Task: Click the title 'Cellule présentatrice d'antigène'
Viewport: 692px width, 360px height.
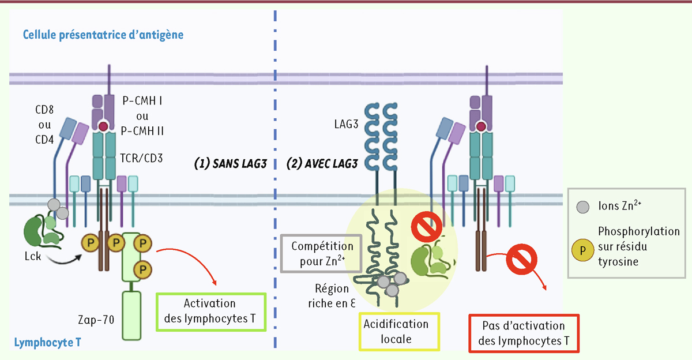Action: pos(103,35)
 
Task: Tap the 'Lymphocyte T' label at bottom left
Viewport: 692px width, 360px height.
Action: pos(47,342)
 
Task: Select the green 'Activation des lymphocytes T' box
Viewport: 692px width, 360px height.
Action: pos(210,312)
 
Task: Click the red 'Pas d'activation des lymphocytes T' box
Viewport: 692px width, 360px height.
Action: pos(524,333)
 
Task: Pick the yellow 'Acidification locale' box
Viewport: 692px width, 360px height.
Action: pos(400,332)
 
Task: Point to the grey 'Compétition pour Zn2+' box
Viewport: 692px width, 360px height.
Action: pos(322,253)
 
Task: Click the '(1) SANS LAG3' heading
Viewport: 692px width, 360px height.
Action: pos(230,163)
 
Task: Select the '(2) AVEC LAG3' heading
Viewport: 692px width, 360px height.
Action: pos(322,163)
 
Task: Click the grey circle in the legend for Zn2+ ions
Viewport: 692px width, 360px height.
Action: pos(583,206)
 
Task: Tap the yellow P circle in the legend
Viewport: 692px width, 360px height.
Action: pos(583,250)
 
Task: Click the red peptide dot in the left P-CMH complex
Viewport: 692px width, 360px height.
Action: pos(103,126)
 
